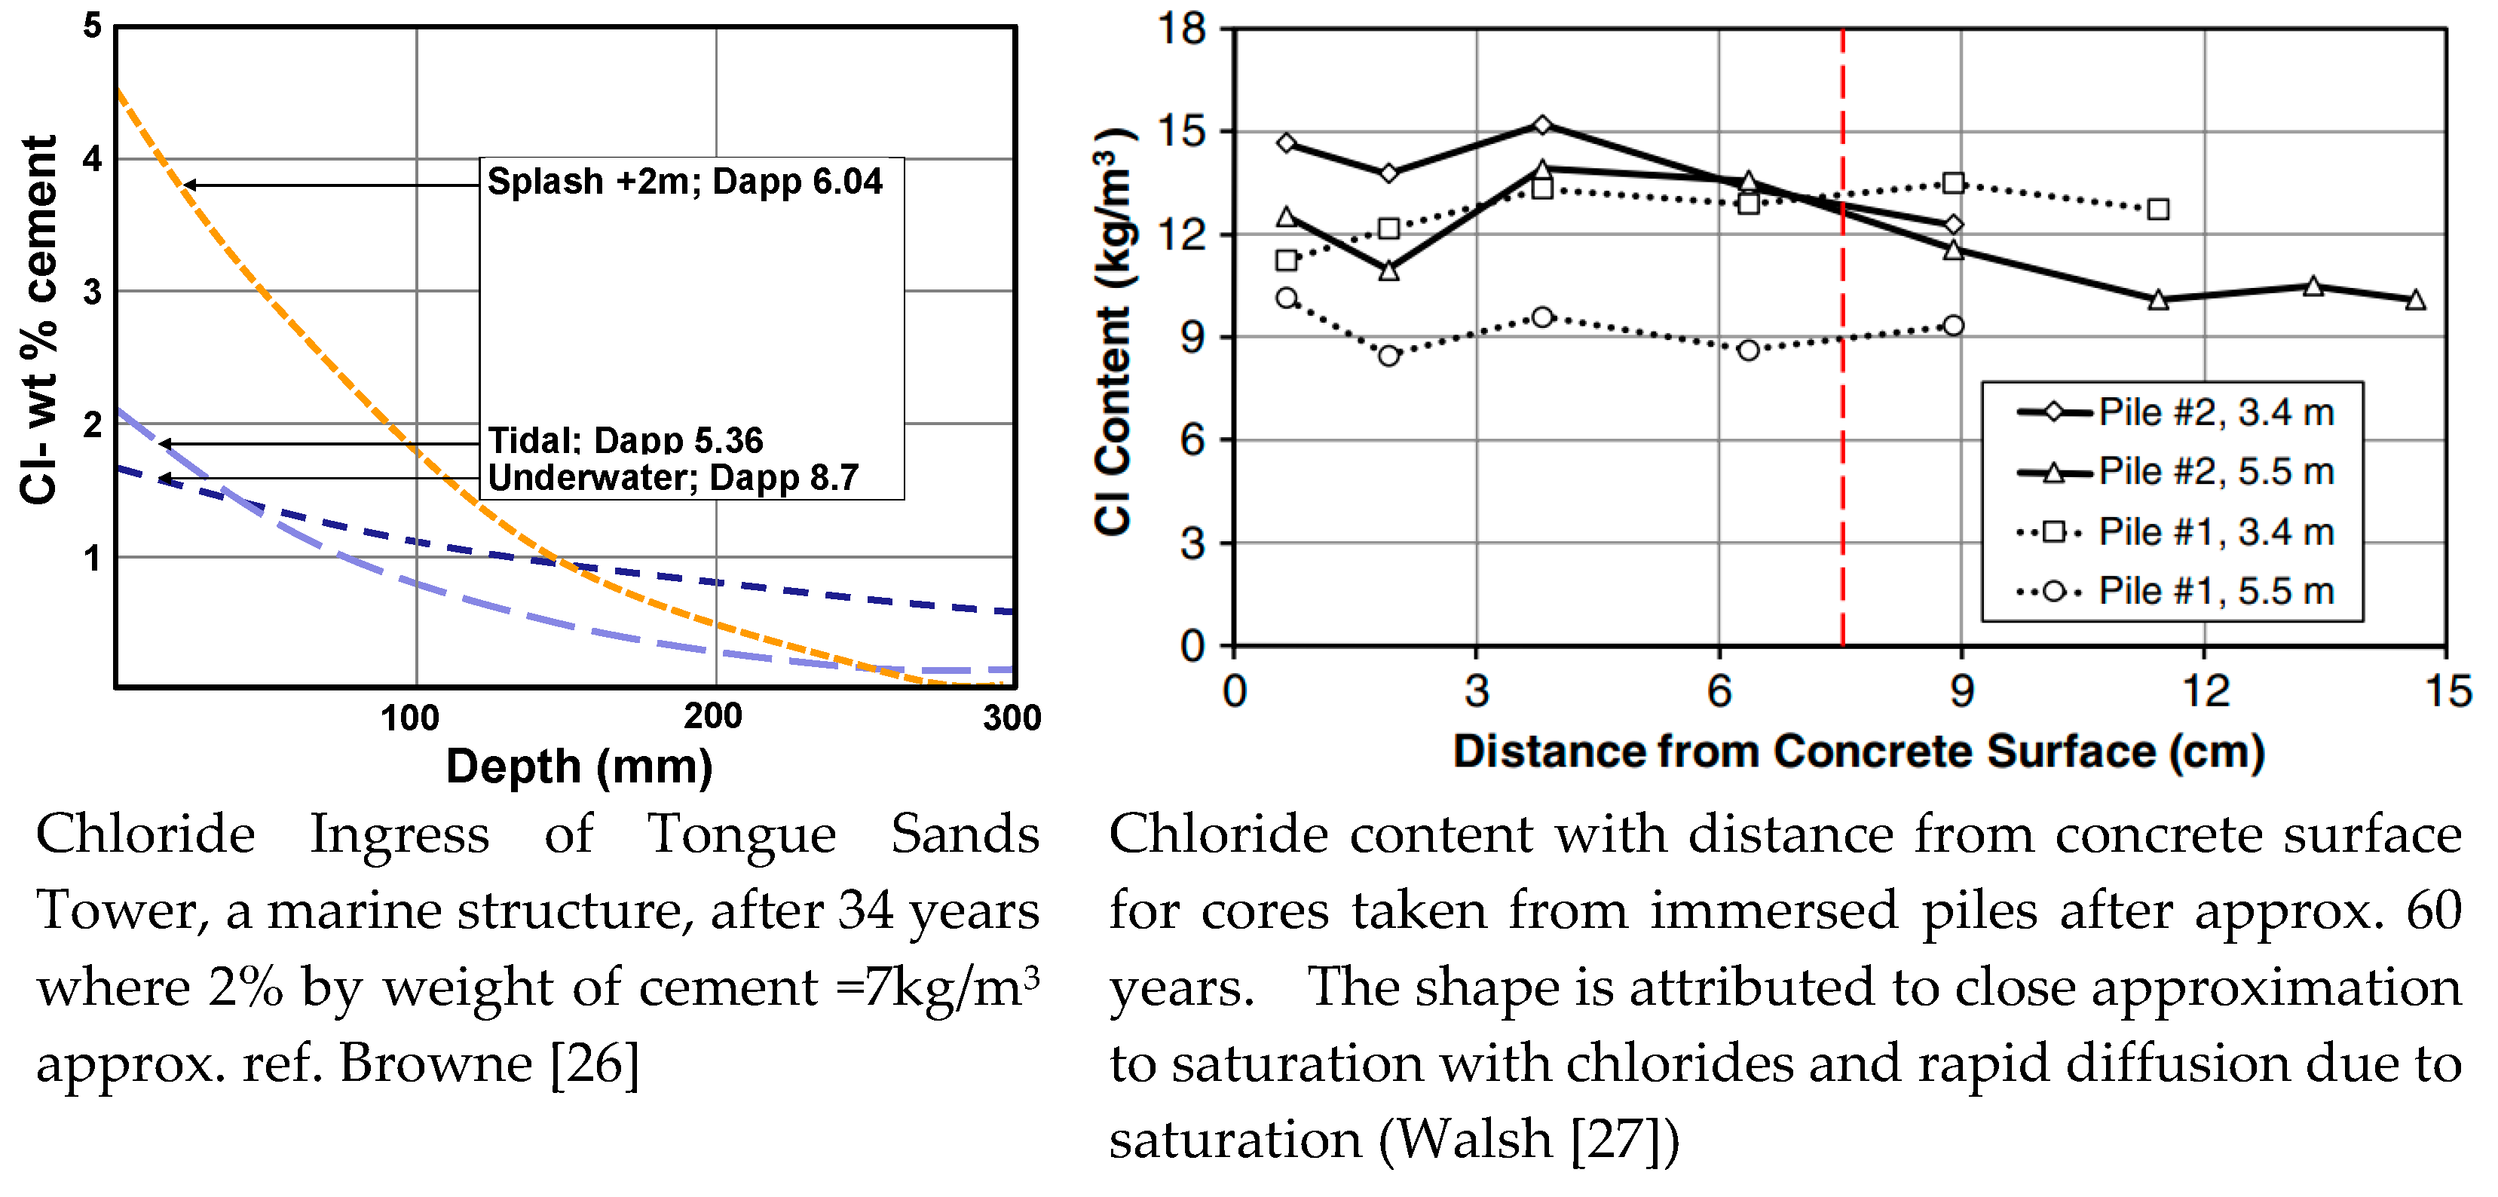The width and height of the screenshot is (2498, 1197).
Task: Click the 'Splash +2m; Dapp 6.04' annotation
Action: coord(684,182)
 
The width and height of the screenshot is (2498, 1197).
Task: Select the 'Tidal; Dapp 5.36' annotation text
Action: coord(626,439)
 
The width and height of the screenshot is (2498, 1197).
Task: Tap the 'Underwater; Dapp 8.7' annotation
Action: coord(673,477)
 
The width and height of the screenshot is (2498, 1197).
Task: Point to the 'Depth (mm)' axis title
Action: coord(579,767)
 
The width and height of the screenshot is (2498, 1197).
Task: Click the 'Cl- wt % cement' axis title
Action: coord(40,320)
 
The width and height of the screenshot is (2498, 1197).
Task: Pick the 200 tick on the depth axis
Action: coord(713,717)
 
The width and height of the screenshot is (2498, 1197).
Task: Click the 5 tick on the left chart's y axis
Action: coord(92,26)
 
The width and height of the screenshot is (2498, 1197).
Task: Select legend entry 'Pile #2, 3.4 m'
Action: coord(2216,412)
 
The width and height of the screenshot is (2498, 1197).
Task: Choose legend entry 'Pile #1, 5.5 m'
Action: coord(2216,591)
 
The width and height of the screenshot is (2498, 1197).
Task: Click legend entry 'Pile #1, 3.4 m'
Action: coord(2216,531)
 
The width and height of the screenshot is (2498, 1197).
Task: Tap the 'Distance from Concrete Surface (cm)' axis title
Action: coord(1858,752)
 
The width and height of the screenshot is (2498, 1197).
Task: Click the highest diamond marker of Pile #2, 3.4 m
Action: coord(1543,125)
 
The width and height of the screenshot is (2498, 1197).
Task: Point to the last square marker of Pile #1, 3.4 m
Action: coord(2157,210)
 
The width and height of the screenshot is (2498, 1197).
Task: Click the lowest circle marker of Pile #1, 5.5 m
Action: coord(1388,356)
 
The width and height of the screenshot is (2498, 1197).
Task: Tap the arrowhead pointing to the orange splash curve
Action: coord(189,185)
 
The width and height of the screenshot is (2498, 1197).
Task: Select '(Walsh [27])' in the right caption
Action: coord(1529,1139)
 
